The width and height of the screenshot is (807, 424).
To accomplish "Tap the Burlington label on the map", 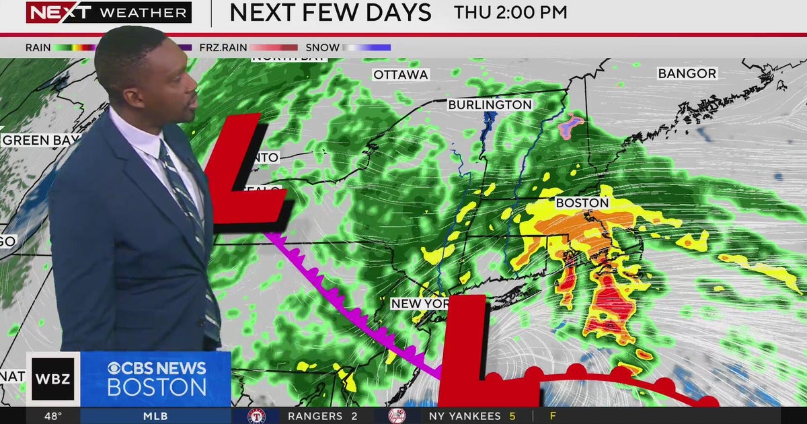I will [490, 105].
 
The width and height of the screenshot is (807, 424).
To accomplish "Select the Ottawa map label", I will [401, 75].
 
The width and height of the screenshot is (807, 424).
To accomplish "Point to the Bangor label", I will [687, 73].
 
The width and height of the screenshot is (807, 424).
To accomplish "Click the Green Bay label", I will [35, 141].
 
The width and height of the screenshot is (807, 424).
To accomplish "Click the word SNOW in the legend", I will [321, 48].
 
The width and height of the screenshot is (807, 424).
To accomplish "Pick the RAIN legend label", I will [38, 48].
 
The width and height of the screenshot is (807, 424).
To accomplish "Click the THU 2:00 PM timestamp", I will [510, 12].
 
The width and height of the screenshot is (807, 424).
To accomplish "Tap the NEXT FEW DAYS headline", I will [330, 12].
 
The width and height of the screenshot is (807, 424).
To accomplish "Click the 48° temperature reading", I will [53, 416].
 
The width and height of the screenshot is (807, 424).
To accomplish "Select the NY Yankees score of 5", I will [512, 416].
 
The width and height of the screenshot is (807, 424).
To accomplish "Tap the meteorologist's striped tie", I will [192, 215].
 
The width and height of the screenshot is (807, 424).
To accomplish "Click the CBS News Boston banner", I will [156, 379].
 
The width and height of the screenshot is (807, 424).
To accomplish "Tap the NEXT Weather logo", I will [108, 12].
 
